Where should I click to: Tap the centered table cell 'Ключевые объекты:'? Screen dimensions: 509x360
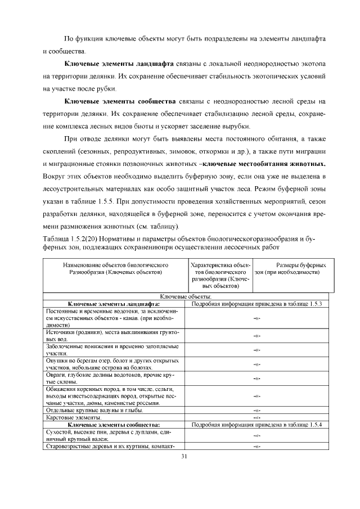click(x=186, y=296)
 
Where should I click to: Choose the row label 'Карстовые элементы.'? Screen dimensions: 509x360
click(x=74, y=418)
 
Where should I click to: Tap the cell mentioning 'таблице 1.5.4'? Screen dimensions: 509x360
click(x=256, y=425)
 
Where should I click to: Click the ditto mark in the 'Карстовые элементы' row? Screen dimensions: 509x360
click(x=256, y=418)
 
